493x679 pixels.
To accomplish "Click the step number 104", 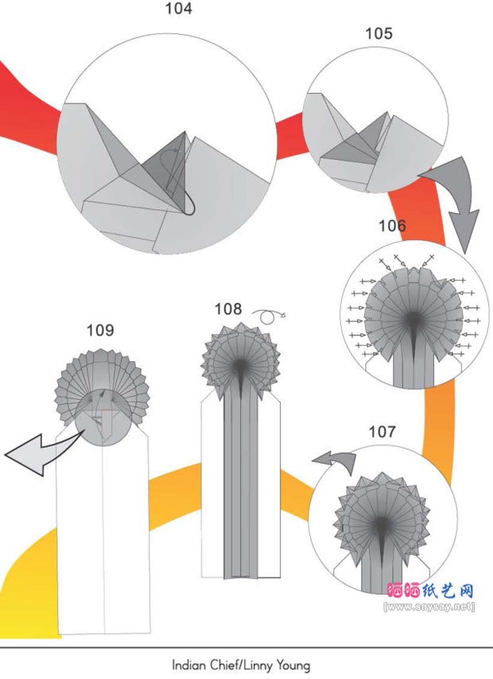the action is (x=178, y=8).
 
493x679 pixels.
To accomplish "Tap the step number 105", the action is (x=378, y=33).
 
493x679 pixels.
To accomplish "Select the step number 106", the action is (x=392, y=226).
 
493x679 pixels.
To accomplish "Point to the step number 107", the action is (x=382, y=432).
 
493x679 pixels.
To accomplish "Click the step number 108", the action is (x=228, y=309).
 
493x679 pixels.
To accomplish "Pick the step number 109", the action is (x=100, y=331).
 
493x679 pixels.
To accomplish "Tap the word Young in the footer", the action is (x=293, y=665).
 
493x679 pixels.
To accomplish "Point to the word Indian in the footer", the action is (x=190, y=665).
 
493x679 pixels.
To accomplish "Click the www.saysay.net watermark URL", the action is (x=429, y=607).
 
